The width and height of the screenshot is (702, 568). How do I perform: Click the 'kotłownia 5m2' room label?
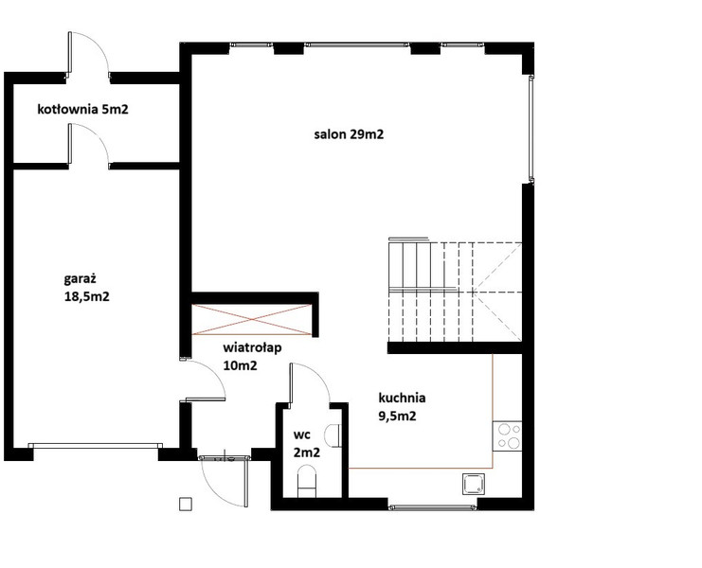click(82, 109)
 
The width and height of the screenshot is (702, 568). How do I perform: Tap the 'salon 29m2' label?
click(349, 134)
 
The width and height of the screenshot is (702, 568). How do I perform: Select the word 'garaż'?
click(81, 279)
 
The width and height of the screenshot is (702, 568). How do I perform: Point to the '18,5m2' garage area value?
click(87, 296)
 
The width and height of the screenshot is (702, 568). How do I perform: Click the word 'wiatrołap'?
click(253, 347)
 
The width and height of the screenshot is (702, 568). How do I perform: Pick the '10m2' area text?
click(240, 365)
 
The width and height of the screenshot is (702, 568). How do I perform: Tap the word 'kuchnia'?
click(402, 398)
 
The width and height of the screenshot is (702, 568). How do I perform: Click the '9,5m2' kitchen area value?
click(398, 416)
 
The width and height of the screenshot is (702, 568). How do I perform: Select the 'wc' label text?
click(302, 435)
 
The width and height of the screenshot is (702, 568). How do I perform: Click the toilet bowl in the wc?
click(307, 481)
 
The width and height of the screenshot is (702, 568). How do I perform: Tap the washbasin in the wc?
click(333, 435)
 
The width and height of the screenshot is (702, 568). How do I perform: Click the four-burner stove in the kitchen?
click(507, 436)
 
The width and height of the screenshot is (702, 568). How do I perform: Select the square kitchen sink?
click(474, 485)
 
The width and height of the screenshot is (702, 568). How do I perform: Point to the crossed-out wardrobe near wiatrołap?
click(252, 319)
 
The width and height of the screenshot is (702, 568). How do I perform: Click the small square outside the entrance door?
click(186, 504)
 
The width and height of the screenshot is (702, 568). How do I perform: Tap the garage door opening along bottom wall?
click(96, 446)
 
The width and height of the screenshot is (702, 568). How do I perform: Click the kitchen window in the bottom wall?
click(432, 507)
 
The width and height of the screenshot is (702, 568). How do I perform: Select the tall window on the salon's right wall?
click(531, 129)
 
